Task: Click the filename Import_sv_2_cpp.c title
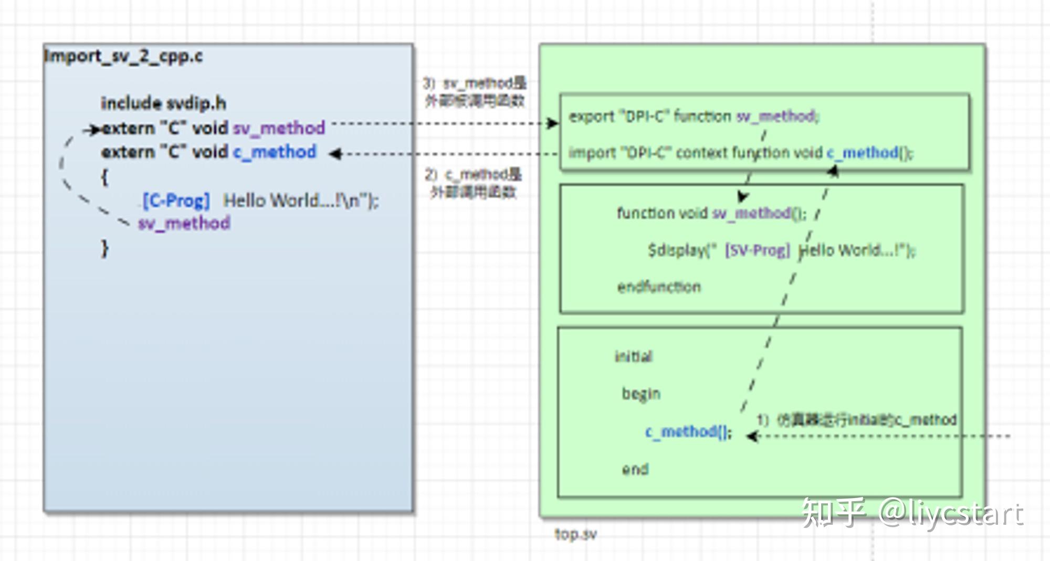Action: [x=123, y=56]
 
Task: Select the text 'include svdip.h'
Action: [x=163, y=103]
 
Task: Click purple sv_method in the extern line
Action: [x=279, y=128]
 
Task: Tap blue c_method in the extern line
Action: [x=275, y=152]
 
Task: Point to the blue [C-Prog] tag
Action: [x=176, y=200]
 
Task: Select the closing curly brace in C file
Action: [x=105, y=248]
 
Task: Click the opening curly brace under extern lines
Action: [x=104, y=177]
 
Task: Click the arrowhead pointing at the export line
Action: [x=553, y=123]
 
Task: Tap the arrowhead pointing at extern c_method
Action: [x=335, y=154]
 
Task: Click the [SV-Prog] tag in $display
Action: [x=757, y=250]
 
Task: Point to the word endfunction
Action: [x=659, y=287]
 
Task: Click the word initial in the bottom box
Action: [x=633, y=356]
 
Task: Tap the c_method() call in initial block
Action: [x=688, y=432]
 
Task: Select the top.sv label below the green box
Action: [x=575, y=534]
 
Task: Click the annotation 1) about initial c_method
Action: [x=856, y=420]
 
